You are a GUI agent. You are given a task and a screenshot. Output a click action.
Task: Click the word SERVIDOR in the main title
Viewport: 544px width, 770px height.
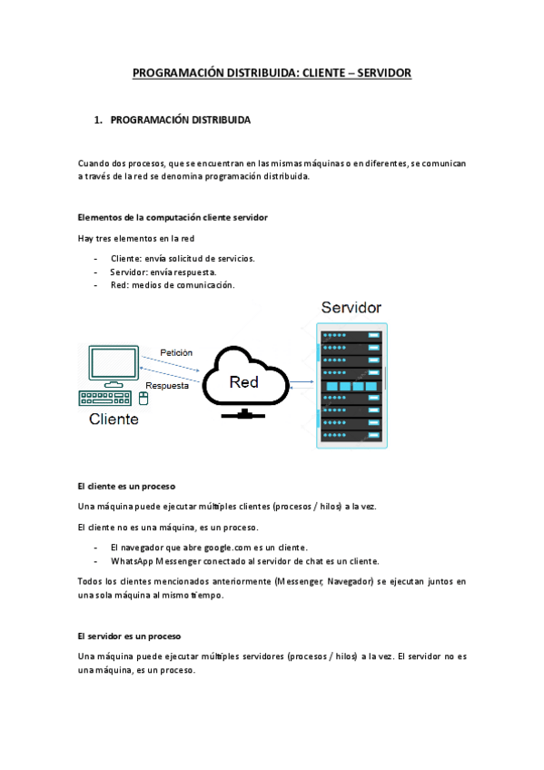(383, 72)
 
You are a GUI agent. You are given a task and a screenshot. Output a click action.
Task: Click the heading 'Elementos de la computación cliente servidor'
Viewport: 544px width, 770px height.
(173, 218)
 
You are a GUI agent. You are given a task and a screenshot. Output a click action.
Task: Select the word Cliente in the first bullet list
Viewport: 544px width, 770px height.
(125, 258)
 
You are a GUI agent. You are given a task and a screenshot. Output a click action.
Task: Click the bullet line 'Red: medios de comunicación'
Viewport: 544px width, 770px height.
(173, 285)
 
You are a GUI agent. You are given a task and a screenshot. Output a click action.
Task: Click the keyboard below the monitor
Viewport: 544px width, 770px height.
(104, 398)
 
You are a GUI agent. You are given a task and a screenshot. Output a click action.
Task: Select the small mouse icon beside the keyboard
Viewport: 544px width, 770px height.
(143, 397)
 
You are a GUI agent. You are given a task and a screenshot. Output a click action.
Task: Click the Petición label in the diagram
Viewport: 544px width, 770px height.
(176, 351)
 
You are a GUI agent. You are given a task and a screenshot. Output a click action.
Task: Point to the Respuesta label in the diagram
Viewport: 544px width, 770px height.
(167, 385)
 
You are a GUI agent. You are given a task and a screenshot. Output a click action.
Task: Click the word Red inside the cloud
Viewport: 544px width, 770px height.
(243, 382)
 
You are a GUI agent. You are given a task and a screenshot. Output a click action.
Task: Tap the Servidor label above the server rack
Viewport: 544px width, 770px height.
(351, 308)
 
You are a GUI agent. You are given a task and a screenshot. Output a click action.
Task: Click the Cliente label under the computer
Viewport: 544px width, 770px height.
(114, 420)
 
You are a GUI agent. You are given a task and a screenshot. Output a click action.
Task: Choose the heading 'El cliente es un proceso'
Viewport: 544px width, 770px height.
(126, 486)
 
